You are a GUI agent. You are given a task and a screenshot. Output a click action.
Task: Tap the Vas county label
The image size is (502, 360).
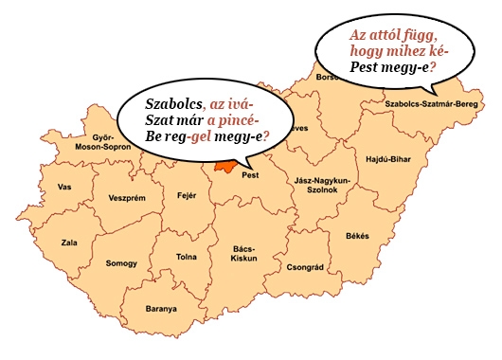click(x=64, y=187)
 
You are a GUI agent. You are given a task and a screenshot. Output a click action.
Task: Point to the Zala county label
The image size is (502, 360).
click(x=69, y=243)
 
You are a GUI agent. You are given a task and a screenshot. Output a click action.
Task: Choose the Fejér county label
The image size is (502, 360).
click(x=187, y=196)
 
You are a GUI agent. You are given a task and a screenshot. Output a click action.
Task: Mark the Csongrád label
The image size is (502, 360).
click(x=306, y=267)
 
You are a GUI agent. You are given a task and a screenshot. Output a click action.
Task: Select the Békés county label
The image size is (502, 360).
click(x=358, y=235)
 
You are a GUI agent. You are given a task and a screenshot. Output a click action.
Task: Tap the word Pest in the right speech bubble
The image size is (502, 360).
click(x=365, y=68)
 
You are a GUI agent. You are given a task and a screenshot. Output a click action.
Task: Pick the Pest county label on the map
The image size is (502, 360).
click(x=251, y=175)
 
